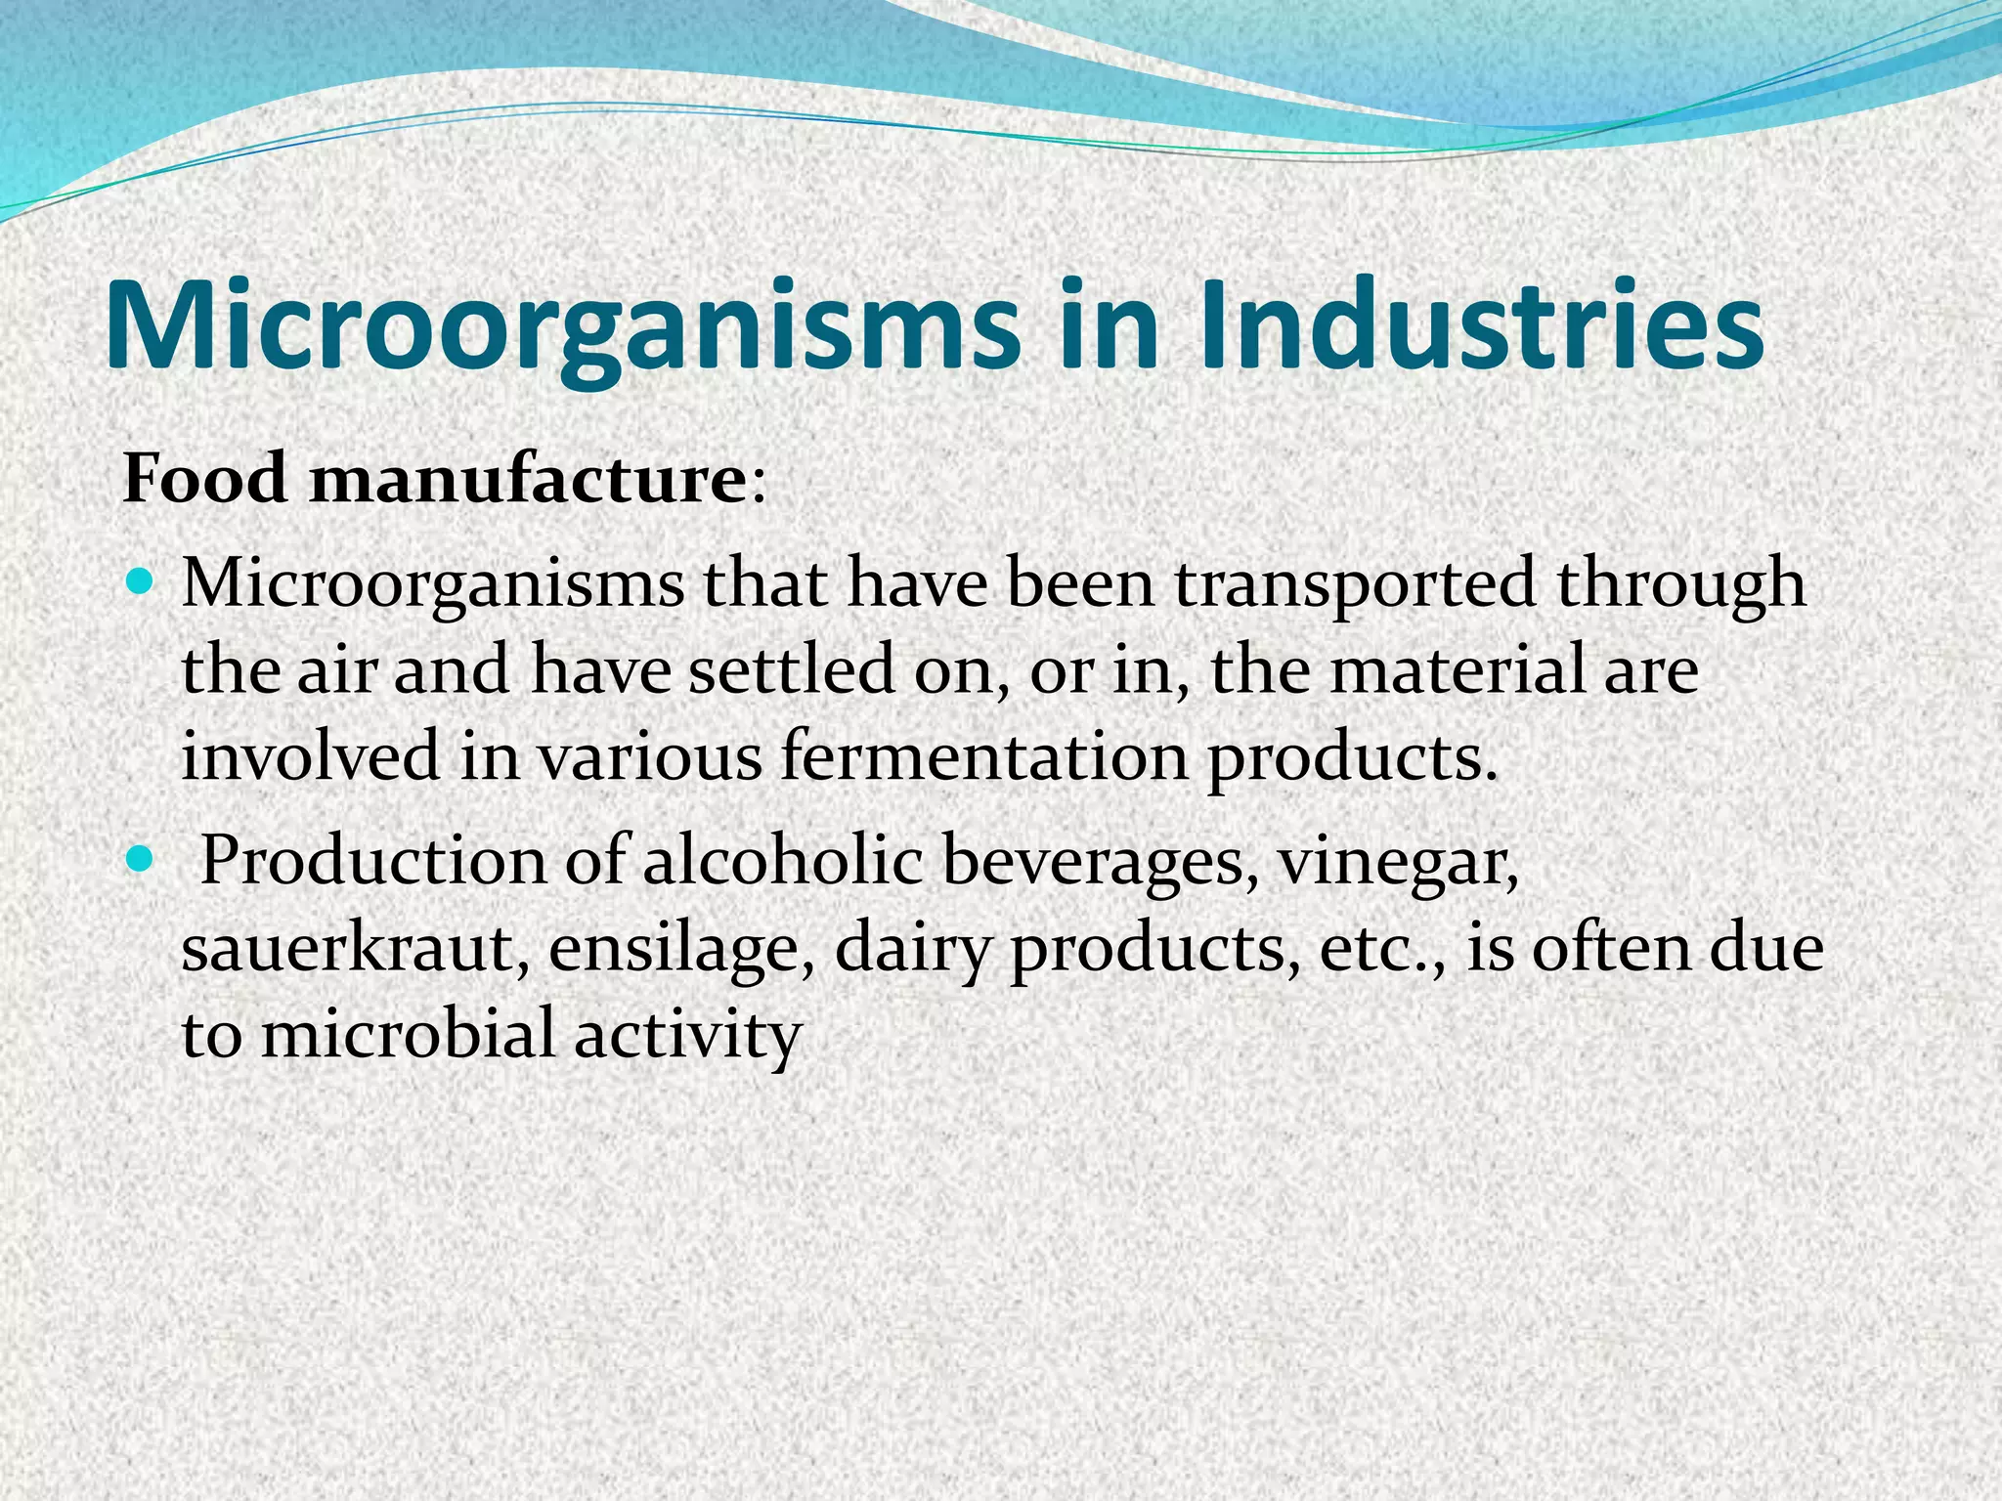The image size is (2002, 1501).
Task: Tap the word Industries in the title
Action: pyautogui.click(x=1481, y=324)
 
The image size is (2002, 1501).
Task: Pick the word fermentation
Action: pyautogui.click(x=982, y=757)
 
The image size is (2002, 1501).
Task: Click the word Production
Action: pyautogui.click(x=372, y=862)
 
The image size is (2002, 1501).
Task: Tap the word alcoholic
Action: pyautogui.click(x=782, y=862)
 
